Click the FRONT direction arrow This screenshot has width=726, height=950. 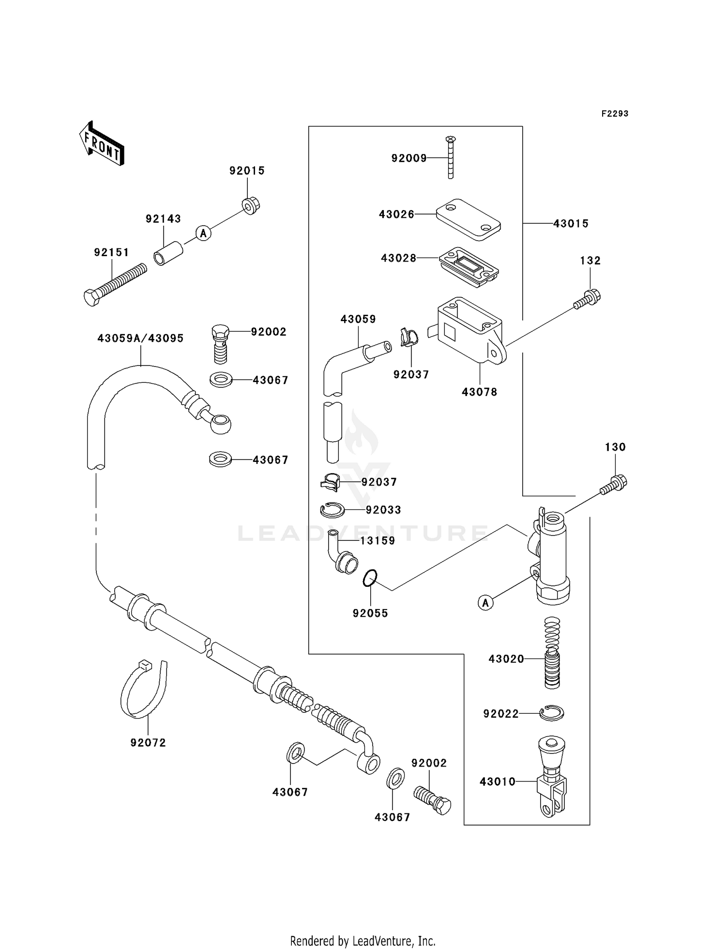(102, 143)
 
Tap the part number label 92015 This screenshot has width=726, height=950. (247, 170)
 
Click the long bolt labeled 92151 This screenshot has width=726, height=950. (115, 284)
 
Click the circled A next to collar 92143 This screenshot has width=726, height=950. (203, 233)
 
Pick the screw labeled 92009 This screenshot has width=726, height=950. (451, 158)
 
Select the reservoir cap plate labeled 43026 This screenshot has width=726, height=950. (468, 219)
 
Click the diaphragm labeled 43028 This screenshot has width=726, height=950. (469, 267)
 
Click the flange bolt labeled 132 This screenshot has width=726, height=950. (588, 299)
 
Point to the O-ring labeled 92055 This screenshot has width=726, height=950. (370, 578)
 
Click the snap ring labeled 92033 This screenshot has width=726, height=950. (333, 509)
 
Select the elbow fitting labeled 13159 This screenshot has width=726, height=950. (343, 553)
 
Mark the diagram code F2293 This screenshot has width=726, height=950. (615, 113)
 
